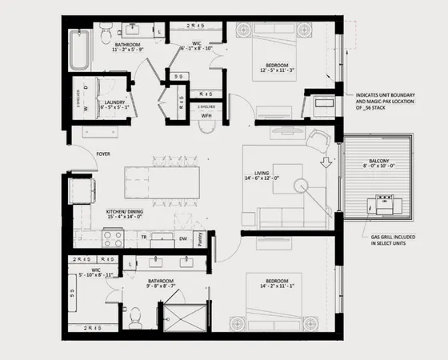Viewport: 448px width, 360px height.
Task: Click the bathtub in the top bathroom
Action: [78, 50]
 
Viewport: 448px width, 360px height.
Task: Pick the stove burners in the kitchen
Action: [113, 238]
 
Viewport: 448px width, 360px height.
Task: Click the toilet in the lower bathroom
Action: [134, 318]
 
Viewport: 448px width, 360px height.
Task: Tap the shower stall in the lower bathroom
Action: [184, 317]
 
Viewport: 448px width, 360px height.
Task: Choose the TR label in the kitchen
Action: [144, 238]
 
